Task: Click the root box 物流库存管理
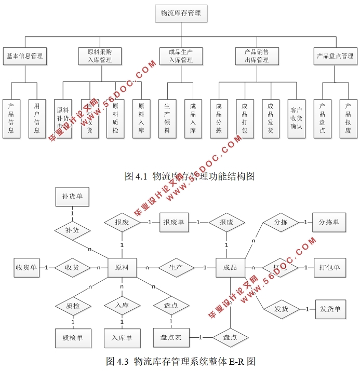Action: click(x=181, y=13)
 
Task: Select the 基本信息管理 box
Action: click(x=24, y=56)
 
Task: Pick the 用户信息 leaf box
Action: click(x=37, y=118)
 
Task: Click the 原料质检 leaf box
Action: click(x=115, y=118)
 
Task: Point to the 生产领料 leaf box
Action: click(x=167, y=118)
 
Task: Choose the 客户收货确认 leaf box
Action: click(x=296, y=118)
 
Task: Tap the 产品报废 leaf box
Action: click(x=348, y=118)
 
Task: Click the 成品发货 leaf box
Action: click(x=270, y=118)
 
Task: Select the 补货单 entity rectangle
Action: click(x=72, y=197)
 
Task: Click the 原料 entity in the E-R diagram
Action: click(x=122, y=268)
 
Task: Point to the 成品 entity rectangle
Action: click(x=230, y=268)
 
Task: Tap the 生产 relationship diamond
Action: click(x=176, y=268)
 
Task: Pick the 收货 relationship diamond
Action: click(x=72, y=268)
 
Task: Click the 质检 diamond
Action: click(x=73, y=306)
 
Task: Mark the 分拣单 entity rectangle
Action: click(x=329, y=222)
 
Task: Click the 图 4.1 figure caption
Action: click(x=190, y=176)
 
